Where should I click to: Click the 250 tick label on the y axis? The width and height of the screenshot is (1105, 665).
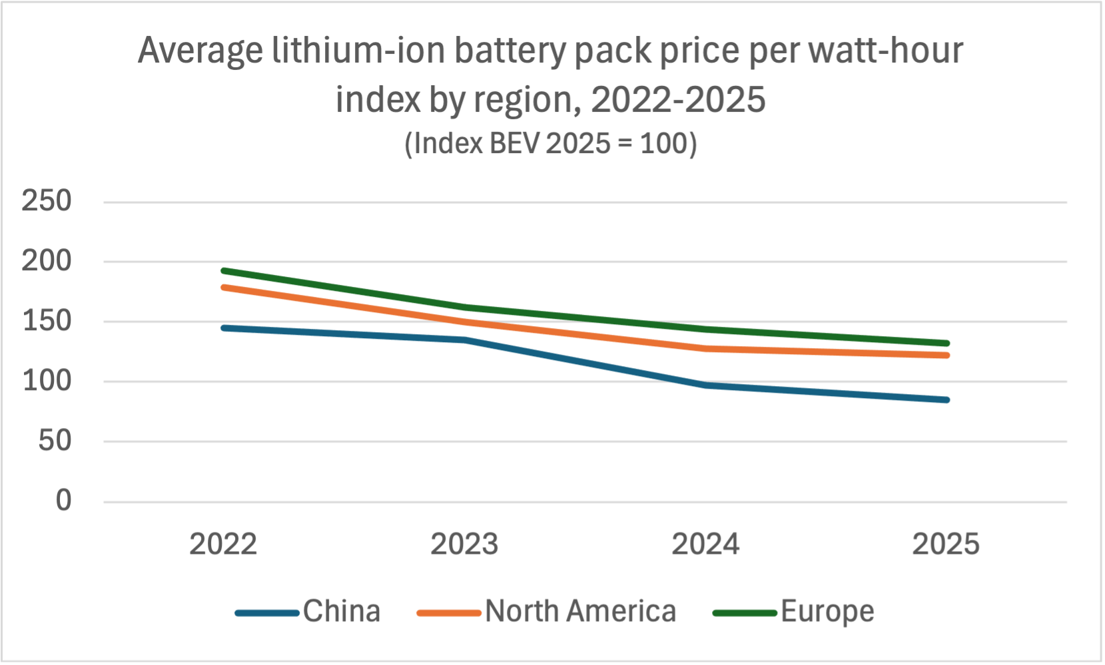tap(47, 201)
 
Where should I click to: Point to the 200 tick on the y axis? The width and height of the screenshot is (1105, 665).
tap(47, 261)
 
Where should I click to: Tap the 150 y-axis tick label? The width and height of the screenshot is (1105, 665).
tap(47, 321)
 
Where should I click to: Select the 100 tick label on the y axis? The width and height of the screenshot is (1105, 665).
tap(47, 381)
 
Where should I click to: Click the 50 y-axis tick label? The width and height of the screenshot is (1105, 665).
tap(55, 441)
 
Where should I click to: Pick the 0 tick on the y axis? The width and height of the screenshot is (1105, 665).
tap(63, 501)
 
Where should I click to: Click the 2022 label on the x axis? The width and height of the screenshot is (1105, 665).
tap(223, 545)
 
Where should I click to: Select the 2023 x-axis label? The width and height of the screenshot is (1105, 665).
tap(464, 545)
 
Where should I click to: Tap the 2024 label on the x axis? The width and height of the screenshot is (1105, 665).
tap(705, 545)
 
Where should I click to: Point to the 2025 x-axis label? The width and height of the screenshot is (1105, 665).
tap(946, 545)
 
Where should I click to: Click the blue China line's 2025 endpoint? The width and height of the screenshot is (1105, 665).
tap(946, 400)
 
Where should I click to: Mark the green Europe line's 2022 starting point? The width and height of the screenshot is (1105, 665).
tap(224, 271)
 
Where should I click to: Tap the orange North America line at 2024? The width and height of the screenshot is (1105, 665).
tap(705, 348)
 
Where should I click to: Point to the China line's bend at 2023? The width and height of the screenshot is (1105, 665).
tap(465, 340)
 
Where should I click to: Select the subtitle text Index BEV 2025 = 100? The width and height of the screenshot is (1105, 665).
tap(551, 144)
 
